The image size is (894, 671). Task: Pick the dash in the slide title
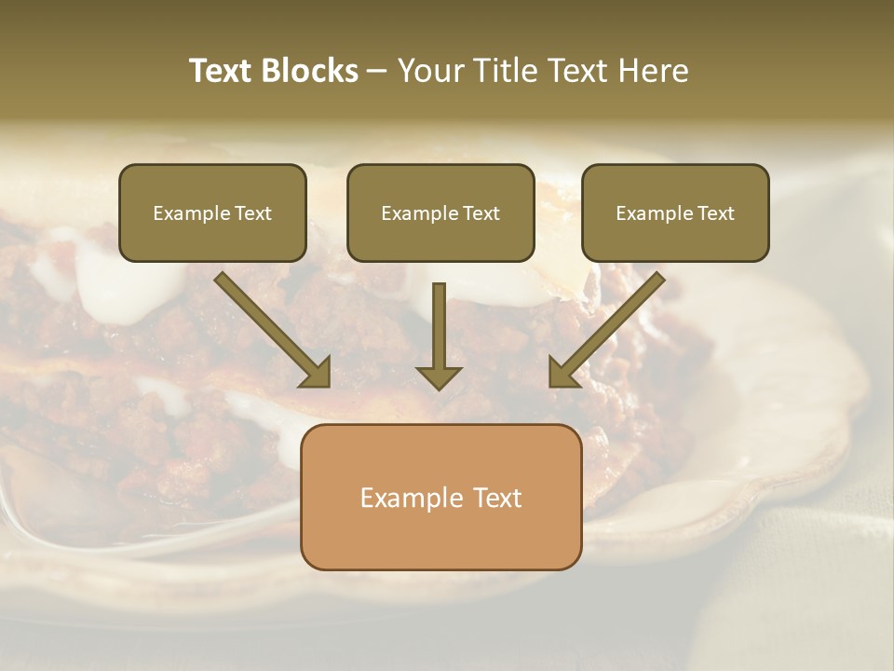[x=377, y=72]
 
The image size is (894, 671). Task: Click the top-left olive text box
[x=212, y=212]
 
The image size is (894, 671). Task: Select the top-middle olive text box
[x=440, y=212]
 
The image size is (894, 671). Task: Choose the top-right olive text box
[x=675, y=212]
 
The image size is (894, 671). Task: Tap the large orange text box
[x=440, y=497]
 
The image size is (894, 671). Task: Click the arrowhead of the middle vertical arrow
[x=439, y=377]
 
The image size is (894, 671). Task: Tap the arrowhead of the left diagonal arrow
[x=317, y=373]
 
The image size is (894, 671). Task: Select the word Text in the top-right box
[x=716, y=213]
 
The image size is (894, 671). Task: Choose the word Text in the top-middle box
[x=481, y=213]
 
